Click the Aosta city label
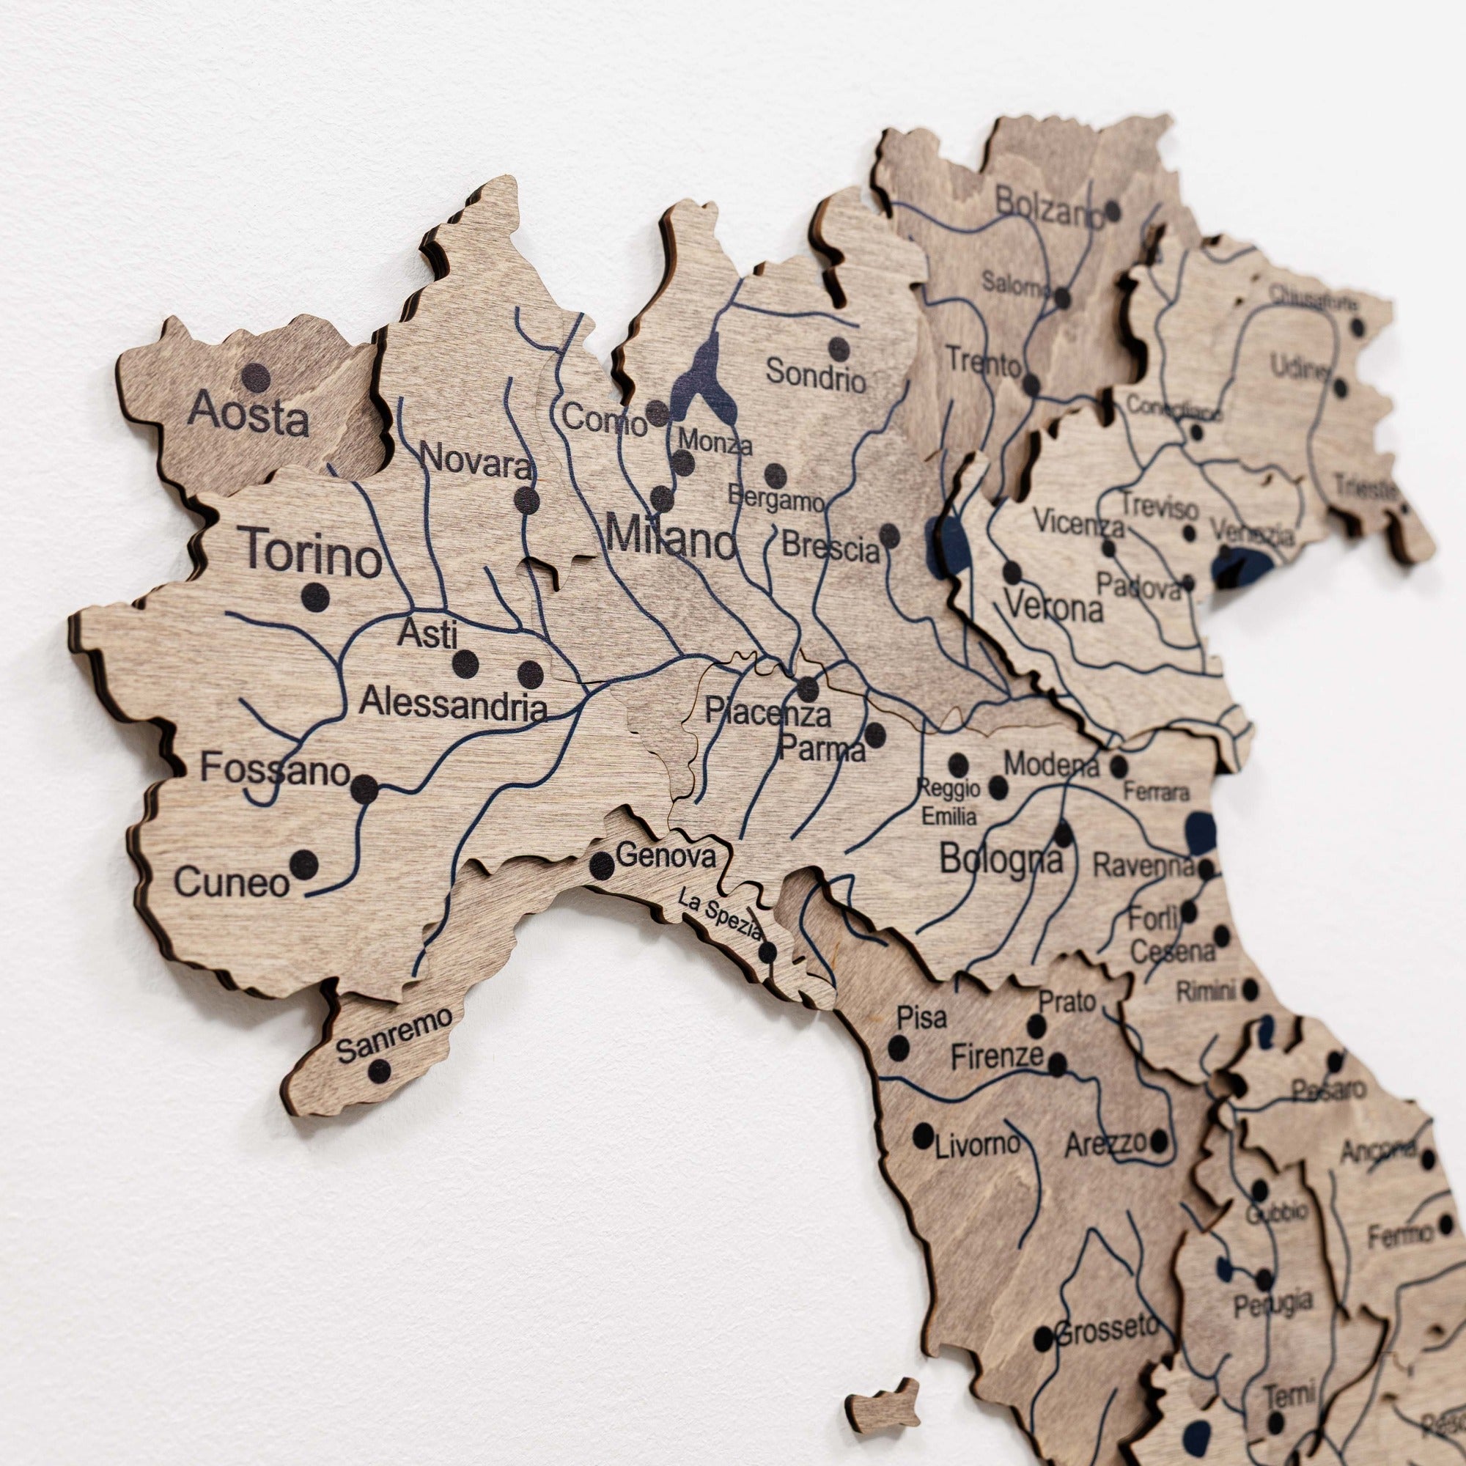click(248, 414)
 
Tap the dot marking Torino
click(315, 597)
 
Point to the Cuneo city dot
click(303, 864)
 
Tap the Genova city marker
click(602, 865)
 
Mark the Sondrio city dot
click(838, 349)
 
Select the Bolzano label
click(1048, 206)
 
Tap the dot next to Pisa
click(899, 1048)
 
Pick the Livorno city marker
click(923, 1135)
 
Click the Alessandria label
click(453, 704)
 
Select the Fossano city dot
click(364, 789)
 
